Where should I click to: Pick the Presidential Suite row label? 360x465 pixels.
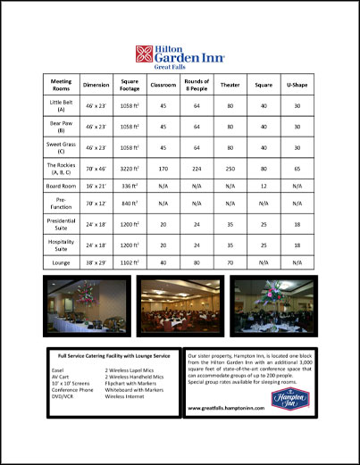click(61, 222)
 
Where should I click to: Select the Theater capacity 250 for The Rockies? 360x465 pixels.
click(230, 167)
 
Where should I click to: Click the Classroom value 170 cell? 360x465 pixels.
click(163, 167)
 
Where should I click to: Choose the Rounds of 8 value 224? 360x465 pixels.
click(196, 167)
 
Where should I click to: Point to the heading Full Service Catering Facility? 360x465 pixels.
click(113, 356)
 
